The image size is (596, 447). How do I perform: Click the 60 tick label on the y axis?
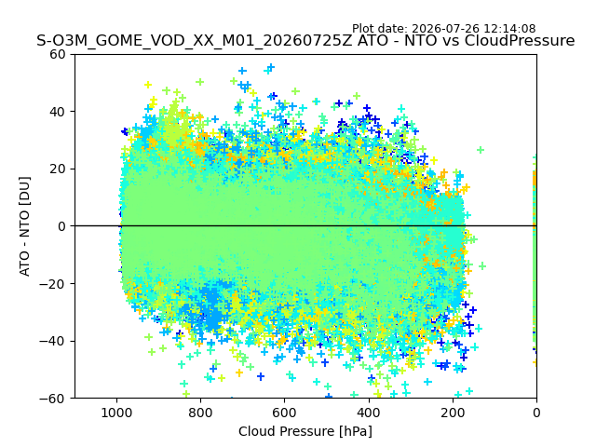point(58,54)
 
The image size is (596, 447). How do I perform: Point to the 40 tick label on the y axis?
point(58,112)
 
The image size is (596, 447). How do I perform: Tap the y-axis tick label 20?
point(58,169)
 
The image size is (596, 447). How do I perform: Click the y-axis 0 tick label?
point(61,226)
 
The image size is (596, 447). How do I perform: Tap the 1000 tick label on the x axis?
point(116,413)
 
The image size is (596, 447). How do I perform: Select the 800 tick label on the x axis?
point(201,413)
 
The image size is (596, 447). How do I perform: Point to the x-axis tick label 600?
point(285,413)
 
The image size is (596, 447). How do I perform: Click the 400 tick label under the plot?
point(369,413)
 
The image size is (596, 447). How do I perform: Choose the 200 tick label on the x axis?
point(453,413)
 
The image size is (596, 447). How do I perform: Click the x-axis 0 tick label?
point(536,413)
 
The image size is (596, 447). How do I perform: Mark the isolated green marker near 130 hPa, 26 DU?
point(481,150)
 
